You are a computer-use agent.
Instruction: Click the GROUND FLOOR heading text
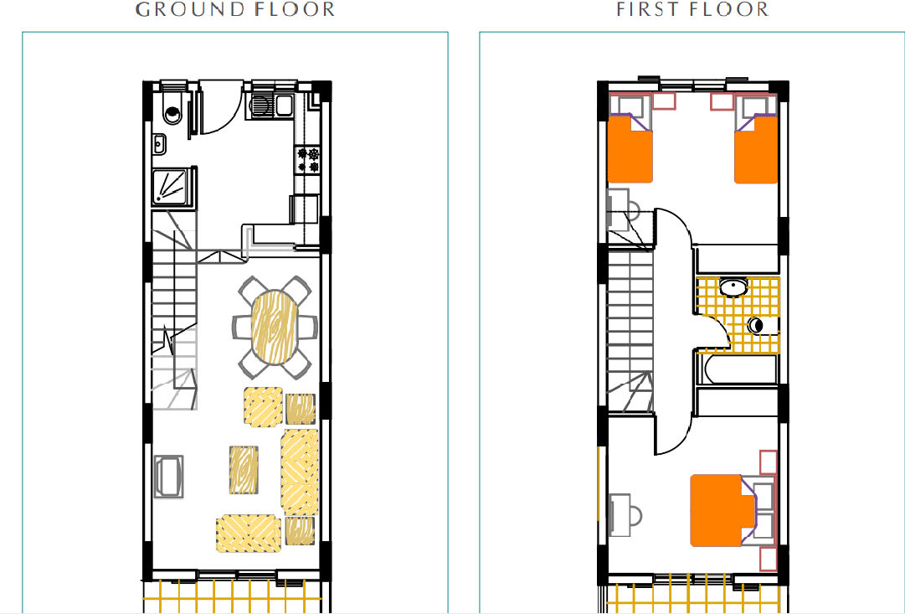coord(235,10)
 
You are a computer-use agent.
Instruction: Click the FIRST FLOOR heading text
coord(692,10)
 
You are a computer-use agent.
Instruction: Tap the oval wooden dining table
coord(275,327)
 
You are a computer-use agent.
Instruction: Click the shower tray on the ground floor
coord(172,186)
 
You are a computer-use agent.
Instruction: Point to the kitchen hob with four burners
coord(307,160)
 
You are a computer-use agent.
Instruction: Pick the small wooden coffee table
coord(244,470)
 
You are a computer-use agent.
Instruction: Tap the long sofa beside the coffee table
coord(300,472)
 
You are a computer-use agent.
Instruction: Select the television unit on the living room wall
coord(168,477)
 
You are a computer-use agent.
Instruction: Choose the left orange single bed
coord(630,148)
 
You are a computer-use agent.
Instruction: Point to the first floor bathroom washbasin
coord(733,286)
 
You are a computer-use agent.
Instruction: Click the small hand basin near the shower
coord(159,144)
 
